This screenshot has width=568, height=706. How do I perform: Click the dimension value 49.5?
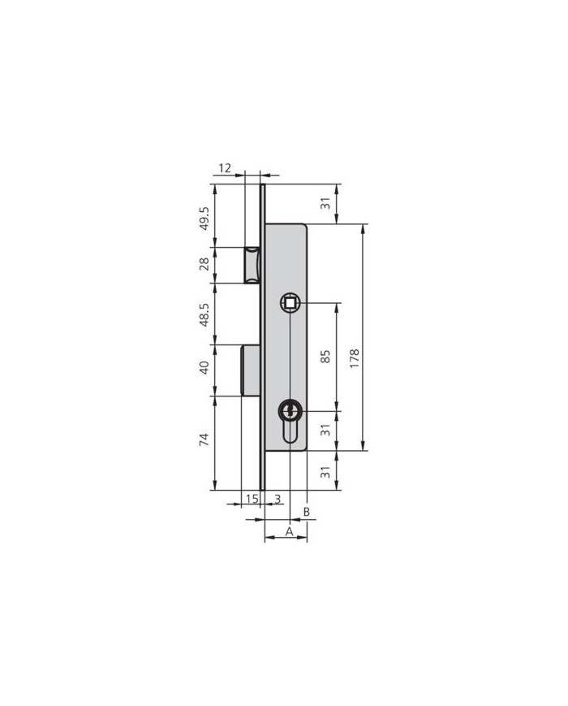(204, 219)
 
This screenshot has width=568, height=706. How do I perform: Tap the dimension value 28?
(204, 264)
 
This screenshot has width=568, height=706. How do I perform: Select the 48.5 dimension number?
(204, 314)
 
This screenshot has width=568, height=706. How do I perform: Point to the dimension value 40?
(204, 367)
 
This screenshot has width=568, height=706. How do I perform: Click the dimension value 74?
(204, 439)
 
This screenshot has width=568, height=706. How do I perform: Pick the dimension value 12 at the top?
(225, 168)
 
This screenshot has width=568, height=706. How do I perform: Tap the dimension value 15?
(252, 499)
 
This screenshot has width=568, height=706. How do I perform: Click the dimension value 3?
(278, 499)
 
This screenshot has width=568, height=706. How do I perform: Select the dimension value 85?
(326, 356)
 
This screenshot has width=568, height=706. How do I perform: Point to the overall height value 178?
(355, 359)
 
